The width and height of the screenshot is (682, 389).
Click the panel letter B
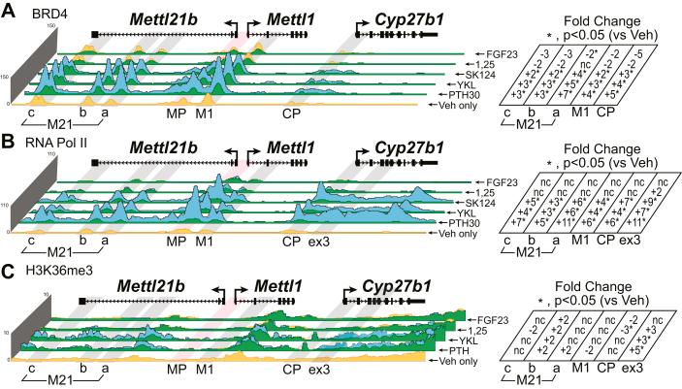click(x=9, y=142)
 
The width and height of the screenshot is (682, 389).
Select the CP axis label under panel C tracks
click(x=290, y=370)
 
